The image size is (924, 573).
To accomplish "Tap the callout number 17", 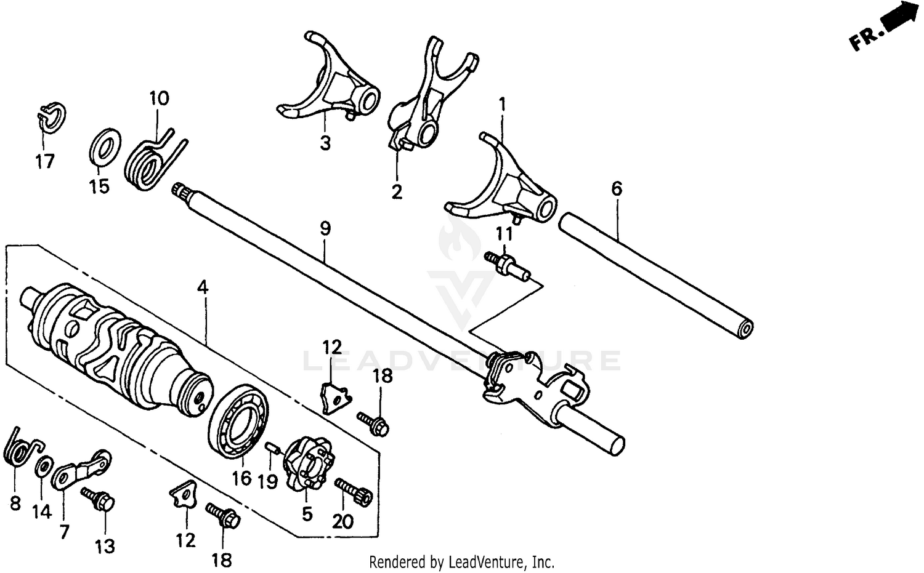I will tap(44, 161).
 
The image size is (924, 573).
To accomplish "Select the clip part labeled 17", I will tap(52, 118).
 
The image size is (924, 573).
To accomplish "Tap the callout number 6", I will tap(617, 188).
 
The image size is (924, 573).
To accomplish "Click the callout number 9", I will tap(325, 228).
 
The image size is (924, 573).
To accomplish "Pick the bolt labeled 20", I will tap(354, 492).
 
